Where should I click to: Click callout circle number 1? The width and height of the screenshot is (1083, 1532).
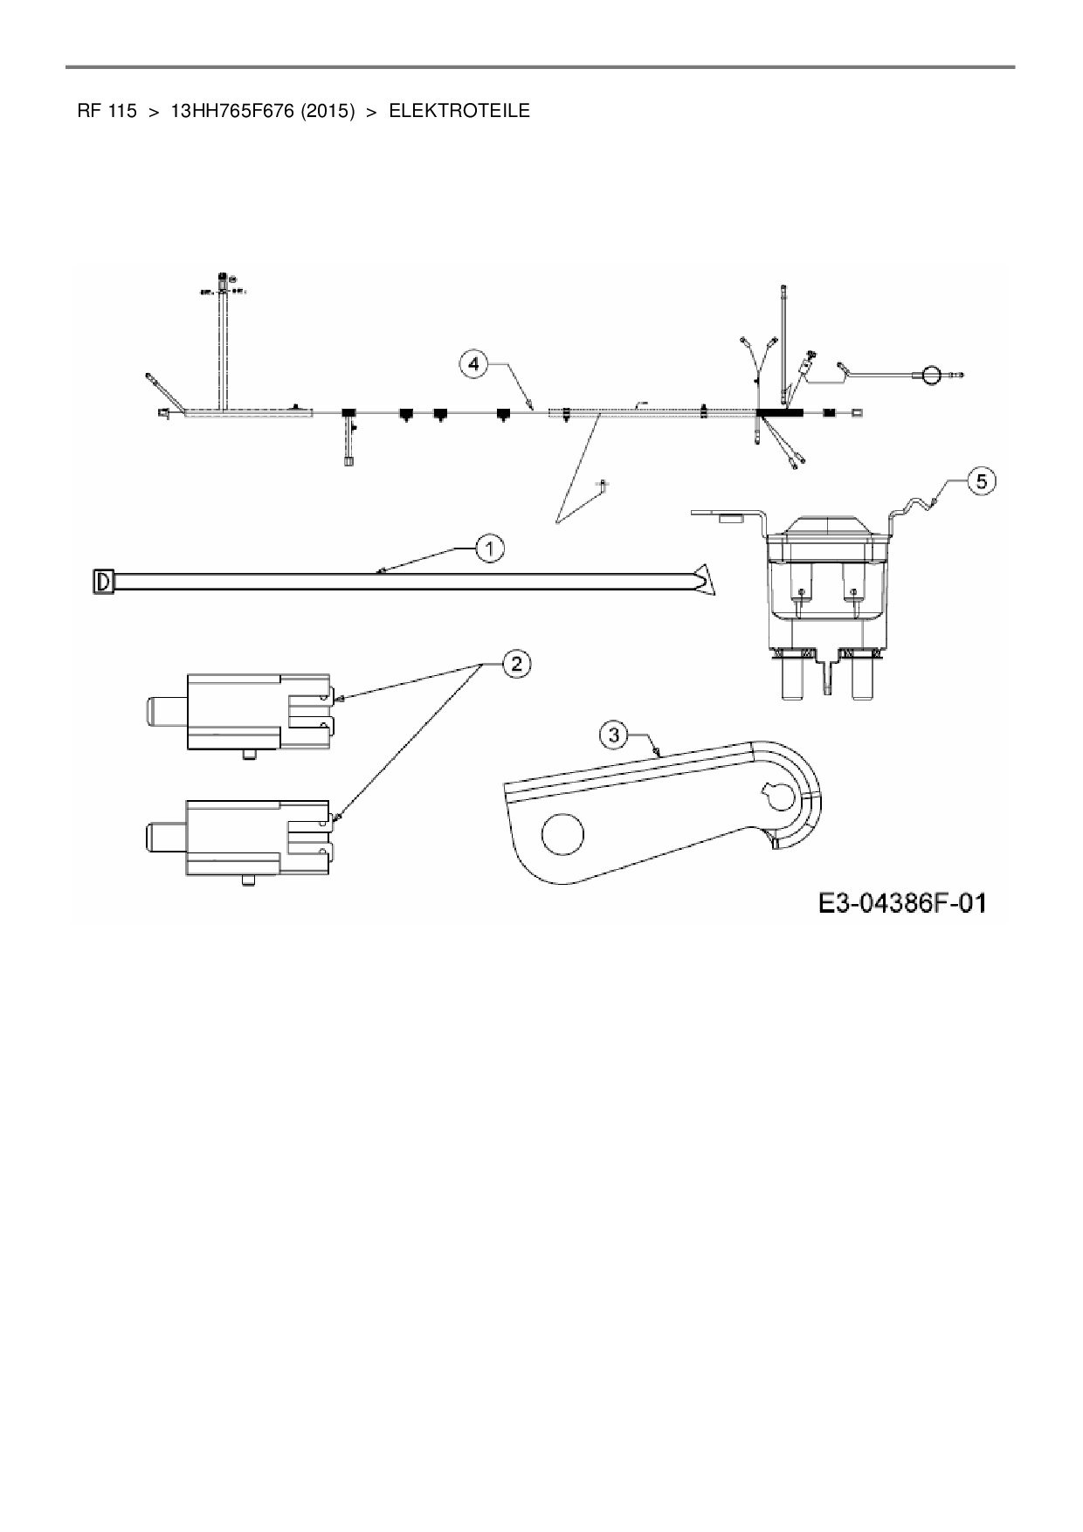click(x=490, y=549)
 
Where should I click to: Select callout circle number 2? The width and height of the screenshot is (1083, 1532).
click(x=516, y=664)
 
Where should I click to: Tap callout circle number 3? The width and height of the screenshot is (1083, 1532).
click(x=614, y=735)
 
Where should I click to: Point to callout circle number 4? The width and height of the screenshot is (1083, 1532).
click(x=473, y=363)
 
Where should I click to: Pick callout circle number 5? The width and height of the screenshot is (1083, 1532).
click(x=982, y=480)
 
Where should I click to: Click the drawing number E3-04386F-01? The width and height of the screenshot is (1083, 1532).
click(x=902, y=902)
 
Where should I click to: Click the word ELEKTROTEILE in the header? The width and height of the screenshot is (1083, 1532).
click(x=459, y=111)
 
